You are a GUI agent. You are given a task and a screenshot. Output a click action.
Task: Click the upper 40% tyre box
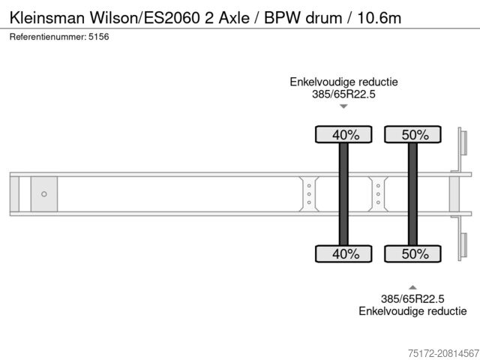point(343,135)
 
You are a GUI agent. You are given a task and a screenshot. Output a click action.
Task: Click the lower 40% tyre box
point(343,253)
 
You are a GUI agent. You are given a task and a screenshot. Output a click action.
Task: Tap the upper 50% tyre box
point(412,135)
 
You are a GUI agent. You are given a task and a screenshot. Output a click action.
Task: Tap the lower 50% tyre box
point(412,253)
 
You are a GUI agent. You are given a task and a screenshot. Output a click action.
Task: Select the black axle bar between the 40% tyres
point(343,194)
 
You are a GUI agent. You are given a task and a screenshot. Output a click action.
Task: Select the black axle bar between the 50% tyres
point(412,194)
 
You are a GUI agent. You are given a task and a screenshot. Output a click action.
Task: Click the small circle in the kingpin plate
point(44,194)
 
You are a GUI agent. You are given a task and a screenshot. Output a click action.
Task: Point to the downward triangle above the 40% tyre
point(343,106)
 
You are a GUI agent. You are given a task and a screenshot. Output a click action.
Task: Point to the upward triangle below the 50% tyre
point(412,286)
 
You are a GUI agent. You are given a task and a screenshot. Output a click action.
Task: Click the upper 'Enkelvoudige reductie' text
point(343,82)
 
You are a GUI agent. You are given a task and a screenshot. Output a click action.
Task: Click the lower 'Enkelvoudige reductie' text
point(412,310)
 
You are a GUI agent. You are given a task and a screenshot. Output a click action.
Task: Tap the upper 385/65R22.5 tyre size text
point(343,94)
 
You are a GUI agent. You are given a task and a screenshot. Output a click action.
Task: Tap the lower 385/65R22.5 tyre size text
point(412,298)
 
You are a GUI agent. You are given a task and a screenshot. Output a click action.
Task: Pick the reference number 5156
point(98,36)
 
